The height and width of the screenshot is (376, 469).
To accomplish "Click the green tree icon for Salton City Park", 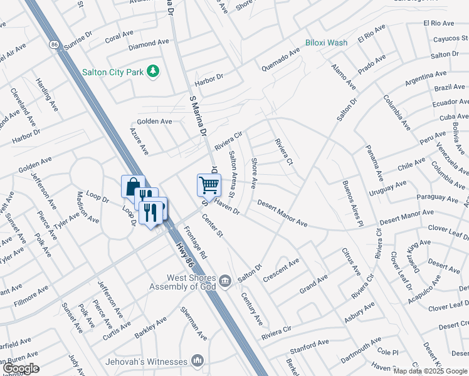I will (x=152, y=71).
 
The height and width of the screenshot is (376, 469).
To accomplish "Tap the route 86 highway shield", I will (x=54, y=44).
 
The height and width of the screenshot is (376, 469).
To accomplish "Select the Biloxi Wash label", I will (x=326, y=43).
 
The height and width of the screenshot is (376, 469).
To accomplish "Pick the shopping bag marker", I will (x=133, y=187).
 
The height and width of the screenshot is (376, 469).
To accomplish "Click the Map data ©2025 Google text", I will (x=429, y=371).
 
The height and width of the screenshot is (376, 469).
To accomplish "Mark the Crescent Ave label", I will (x=281, y=269).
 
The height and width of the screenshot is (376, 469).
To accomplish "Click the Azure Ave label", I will (x=139, y=141).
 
